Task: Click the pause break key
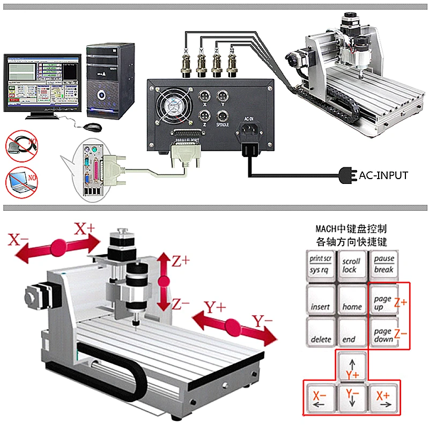384,264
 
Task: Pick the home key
352,300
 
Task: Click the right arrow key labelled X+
383,398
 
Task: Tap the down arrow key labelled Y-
352,398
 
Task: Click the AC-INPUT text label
383,175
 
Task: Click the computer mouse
92,127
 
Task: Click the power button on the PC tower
101,96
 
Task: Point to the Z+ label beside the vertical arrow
181,261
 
